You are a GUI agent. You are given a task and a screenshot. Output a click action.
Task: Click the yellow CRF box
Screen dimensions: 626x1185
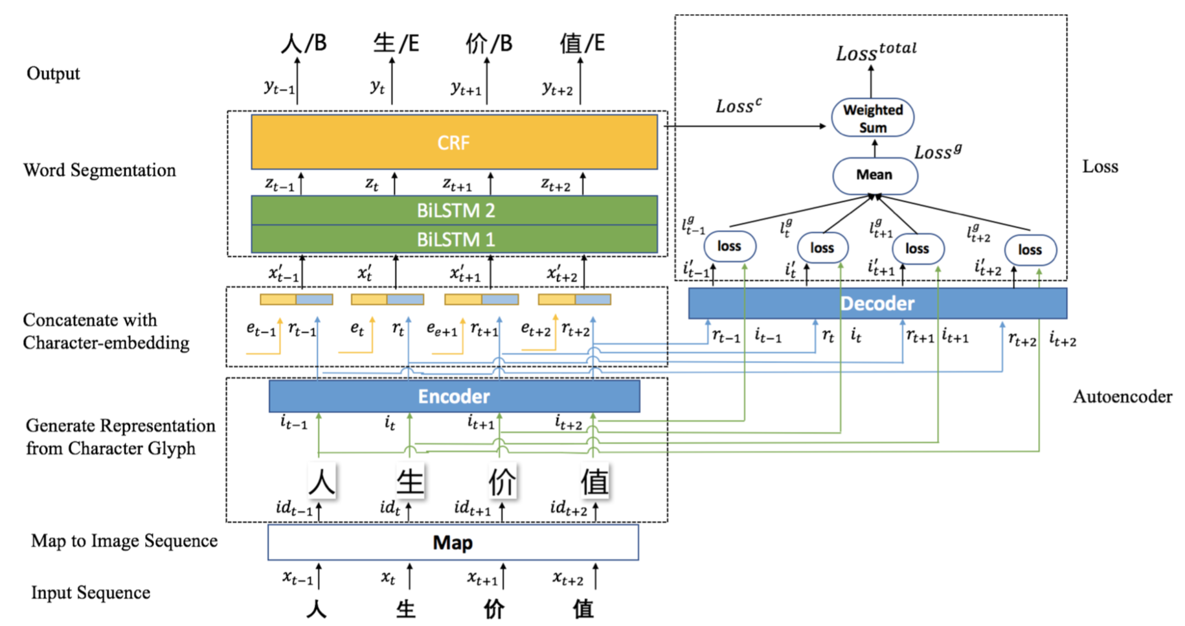click(454, 143)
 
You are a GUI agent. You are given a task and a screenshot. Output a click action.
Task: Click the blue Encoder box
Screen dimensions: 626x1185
click(454, 396)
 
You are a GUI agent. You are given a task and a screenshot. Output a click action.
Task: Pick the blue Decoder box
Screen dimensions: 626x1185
click(877, 303)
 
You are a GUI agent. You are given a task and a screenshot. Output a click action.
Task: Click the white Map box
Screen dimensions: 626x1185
click(453, 542)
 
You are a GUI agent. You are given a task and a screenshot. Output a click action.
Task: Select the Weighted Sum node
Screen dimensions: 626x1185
click(872, 118)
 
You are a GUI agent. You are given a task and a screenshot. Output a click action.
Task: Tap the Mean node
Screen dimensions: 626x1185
click(874, 175)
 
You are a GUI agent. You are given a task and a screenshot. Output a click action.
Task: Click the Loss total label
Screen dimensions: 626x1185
click(875, 52)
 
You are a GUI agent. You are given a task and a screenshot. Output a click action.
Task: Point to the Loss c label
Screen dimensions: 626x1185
click(738, 106)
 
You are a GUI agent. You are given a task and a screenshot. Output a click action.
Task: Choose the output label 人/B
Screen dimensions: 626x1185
click(304, 43)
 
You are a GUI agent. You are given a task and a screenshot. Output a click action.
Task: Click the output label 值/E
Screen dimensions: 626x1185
click(582, 43)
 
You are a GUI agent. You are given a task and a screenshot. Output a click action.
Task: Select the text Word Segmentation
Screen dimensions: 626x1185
click(100, 170)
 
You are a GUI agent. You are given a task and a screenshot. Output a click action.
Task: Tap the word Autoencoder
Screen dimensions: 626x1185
click(1122, 397)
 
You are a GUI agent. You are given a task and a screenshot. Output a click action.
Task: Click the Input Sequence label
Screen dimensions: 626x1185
click(91, 593)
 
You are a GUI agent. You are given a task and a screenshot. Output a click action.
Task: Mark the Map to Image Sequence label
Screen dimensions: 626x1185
click(124, 541)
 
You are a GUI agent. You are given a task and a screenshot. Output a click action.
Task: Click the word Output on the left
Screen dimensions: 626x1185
click(53, 73)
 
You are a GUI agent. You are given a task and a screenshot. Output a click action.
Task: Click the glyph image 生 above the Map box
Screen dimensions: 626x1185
click(409, 481)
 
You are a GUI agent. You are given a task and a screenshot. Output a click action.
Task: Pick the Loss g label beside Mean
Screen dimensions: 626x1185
click(937, 152)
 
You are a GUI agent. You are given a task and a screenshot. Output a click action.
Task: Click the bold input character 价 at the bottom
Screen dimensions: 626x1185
click(494, 609)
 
